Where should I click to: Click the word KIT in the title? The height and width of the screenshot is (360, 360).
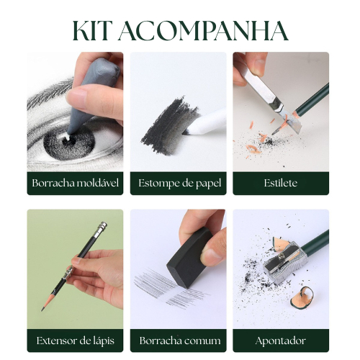pos(91,31)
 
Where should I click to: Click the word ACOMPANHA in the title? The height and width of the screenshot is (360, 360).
pos(204,31)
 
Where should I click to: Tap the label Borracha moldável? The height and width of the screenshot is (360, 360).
pos(76,183)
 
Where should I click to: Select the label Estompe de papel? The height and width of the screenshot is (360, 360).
pos(180,184)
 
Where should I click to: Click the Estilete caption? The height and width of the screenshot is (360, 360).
pos(281,183)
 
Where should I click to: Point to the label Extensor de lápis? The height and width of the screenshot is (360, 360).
pos(76,341)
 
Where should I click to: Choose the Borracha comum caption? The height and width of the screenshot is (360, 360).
pos(180,341)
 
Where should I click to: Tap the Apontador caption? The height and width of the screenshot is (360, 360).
pos(281,341)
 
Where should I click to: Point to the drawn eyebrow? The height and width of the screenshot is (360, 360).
pos(48,92)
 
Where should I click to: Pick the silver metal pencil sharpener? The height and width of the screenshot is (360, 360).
pos(284,263)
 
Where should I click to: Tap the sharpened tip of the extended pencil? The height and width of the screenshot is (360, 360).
pos(42,310)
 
